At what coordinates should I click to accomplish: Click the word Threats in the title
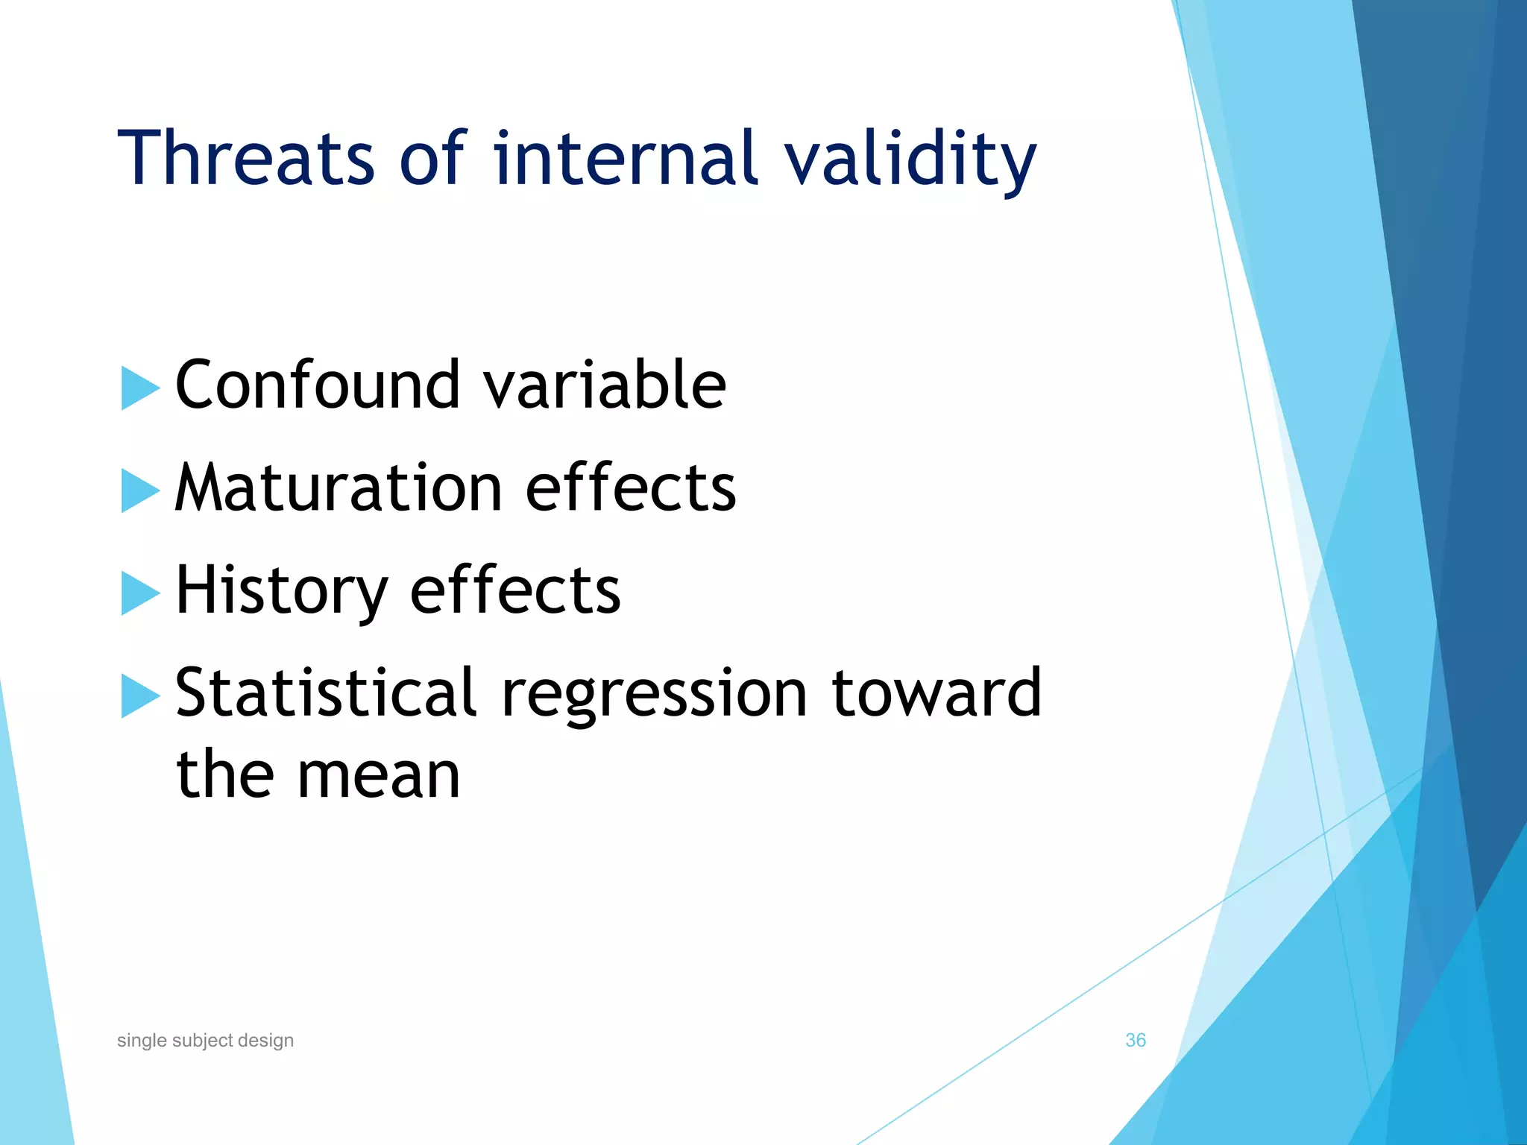tap(246, 158)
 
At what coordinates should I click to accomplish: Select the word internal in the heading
tap(625, 158)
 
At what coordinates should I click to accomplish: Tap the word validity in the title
tap(910, 158)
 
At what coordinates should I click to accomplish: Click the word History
tap(281, 590)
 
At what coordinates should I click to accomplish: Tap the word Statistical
tap(326, 693)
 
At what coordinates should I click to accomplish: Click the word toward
tap(936, 693)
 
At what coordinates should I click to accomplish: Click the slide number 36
tap(1135, 1040)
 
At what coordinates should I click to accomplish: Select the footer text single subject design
tap(205, 1040)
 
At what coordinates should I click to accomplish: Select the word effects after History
tap(515, 590)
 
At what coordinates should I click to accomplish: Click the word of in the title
tap(432, 158)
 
